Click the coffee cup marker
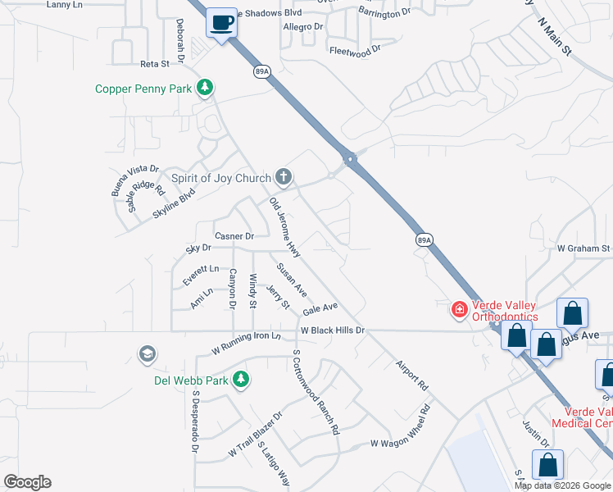pyautogui.click(x=220, y=23)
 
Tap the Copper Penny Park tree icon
pyautogui.click(x=205, y=88)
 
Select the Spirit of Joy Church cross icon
pyautogui.click(x=284, y=176)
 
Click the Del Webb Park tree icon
pyautogui.click(x=240, y=379)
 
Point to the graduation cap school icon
pyautogui.click(x=147, y=354)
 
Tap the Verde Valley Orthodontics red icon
pyautogui.click(x=460, y=309)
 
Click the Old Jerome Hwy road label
pyautogui.click(x=284, y=224)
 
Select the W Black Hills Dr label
pyautogui.click(x=331, y=330)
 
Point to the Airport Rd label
pyautogui.click(x=412, y=374)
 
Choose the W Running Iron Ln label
pyautogui.click(x=246, y=342)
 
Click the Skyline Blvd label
pyautogui.click(x=174, y=203)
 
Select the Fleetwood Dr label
pyautogui.click(x=355, y=50)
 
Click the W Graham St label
pyautogui.click(x=583, y=248)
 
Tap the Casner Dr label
pyautogui.click(x=234, y=236)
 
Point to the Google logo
pyautogui.click(x=27, y=482)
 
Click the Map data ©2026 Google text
pyautogui.click(x=561, y=485)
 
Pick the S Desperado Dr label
pyautogui.click(x=195, y=421)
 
